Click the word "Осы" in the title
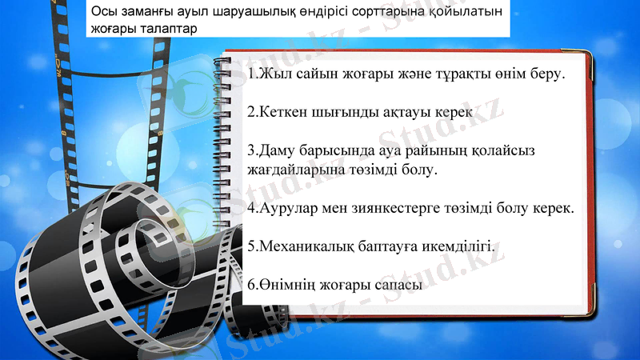(102, 11)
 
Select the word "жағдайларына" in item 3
(299, 170)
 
